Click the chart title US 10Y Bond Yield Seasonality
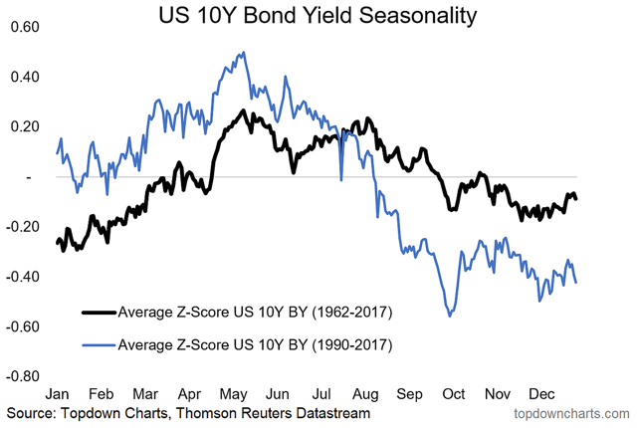[x=318, y=16]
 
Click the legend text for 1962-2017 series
[x=255, y=311]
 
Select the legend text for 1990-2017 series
[x=255, y=346]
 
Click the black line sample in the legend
[x=96, y=311]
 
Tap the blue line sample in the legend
[x=96, y=346]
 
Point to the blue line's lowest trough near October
[x=451, y=316]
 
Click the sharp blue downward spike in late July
[x=340, y=180]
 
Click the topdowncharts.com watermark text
[x=570, y=412]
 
